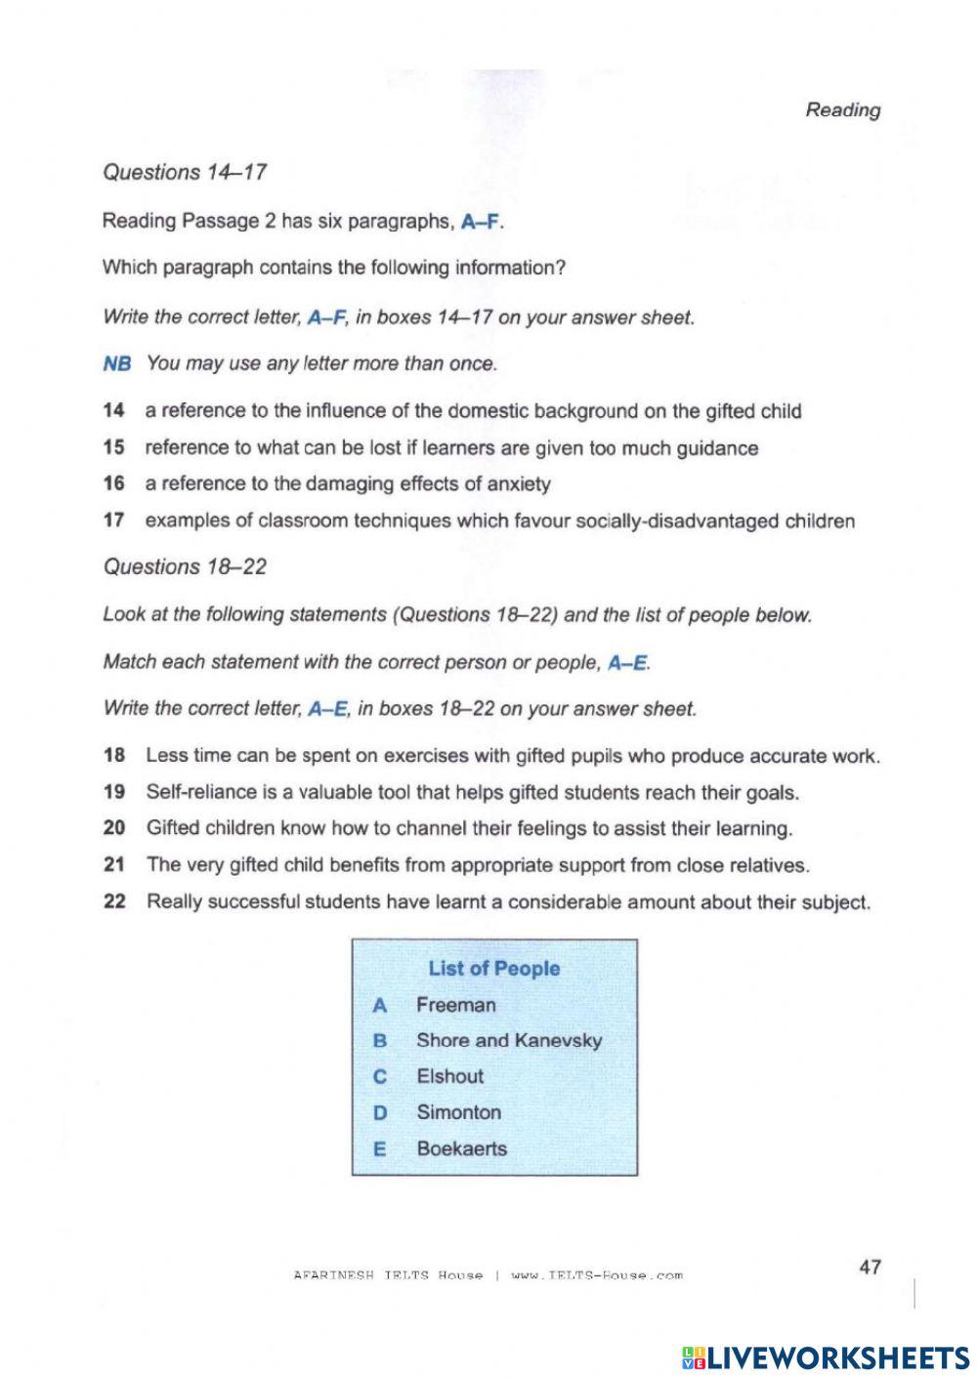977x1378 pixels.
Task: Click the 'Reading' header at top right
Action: click(842, 110)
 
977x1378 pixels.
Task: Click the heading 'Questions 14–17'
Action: click(185, 173)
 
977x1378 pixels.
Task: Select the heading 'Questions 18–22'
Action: click(185, 567)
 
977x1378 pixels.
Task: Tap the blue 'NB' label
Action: click(116, 364)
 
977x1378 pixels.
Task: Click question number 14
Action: click(113, 411)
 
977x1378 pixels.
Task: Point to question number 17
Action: click(113, 521)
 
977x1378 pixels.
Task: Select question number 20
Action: click(114, 828)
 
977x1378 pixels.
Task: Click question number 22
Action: click(114, 901)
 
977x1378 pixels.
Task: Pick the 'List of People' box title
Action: click(493, 969)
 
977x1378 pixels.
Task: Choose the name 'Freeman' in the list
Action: click(455, 1005)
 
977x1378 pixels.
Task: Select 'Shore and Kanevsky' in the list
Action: click(509, 1041)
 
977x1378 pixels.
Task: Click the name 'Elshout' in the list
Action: click(449, 1076)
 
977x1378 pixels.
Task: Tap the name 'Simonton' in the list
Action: click(458, 1112)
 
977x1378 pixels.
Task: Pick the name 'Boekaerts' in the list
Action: click(461, 1148)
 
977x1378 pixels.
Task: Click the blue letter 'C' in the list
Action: click(380, 1077)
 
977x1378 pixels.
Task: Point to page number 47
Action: click(870, 1267)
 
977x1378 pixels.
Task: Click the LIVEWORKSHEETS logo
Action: click(826, 1357)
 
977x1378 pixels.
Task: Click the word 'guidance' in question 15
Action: click(719, 448)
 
